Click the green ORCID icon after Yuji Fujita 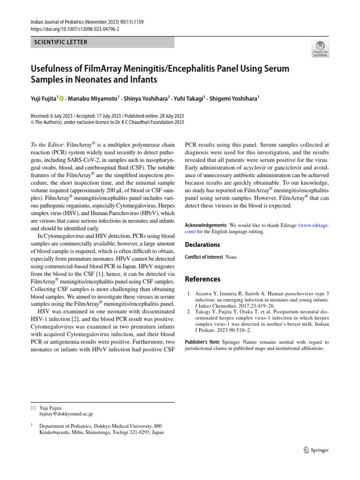tap(61, 98)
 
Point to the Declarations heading tap(202, 245)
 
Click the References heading tap(202, 279)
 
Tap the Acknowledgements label tap(206, 225)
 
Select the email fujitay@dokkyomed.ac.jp tap(66, 414)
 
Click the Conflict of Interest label tap(204, 257)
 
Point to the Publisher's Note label tap(202, 342)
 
